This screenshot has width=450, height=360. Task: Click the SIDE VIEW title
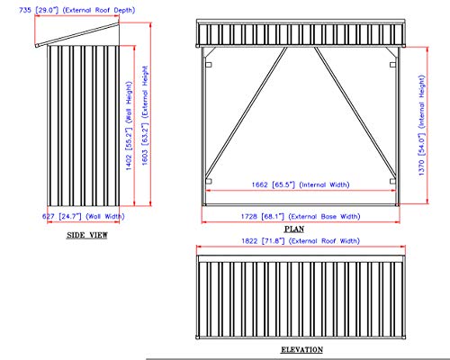point(87,235)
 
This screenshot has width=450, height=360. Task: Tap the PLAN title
point(294,229)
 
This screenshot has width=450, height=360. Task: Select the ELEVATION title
point(301,349)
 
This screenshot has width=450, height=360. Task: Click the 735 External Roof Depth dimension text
point(77,10)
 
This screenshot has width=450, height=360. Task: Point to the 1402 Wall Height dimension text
point(129,126)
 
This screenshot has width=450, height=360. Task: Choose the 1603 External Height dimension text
point(145,115)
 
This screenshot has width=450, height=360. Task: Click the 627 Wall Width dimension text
point(83,216)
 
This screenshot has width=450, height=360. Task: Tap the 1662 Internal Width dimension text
point(301,184)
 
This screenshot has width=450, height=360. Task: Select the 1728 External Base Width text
point(301,216)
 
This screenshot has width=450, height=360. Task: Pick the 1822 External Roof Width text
point(301,241)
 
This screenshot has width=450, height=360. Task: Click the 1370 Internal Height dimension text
point(421,125)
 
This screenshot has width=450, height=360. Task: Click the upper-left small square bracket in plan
point(209,65)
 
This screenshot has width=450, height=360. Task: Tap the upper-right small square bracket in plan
point(392,65)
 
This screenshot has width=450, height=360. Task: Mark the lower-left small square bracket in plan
point(209,181)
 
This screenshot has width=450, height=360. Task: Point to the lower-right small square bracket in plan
point(392,181)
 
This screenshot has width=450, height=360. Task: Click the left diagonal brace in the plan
point(247,112)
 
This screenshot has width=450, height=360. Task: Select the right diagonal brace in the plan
point(355,112)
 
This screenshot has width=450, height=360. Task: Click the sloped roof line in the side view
point(77,34)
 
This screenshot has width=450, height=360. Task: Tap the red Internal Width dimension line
point(301,190)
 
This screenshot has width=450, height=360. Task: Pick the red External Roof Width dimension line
point(301,247)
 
